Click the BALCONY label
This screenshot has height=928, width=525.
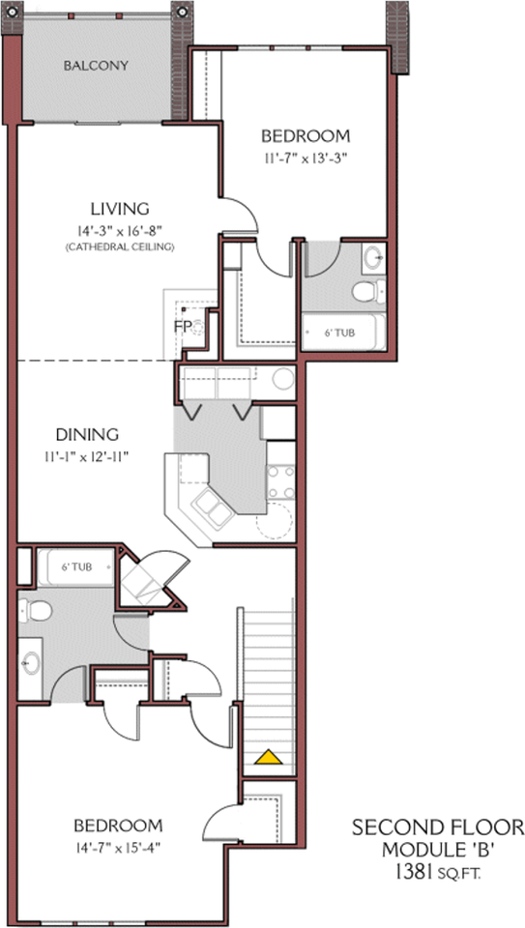click(x=96, y=66)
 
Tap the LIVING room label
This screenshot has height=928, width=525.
click(x=119, y=209)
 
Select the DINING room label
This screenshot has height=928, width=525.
click(x=87, y=434)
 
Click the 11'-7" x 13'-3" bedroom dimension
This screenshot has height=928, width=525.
click(x=306, y=159)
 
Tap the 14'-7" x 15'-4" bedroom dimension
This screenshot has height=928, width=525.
click(x=118, y=848)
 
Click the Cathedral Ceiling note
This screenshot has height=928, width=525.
click(x=120, y=246)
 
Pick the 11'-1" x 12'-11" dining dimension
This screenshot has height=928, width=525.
click(x=87, y=455)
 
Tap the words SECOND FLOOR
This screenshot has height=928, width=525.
click(x=438, y=827)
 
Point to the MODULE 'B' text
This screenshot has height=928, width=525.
click(x=437, y=850)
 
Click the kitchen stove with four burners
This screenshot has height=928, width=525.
click(x=281, y=481)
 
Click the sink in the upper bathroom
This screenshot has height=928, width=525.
click(x=373, y=257)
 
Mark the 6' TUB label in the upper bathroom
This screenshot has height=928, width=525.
click(x=339, y=333)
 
